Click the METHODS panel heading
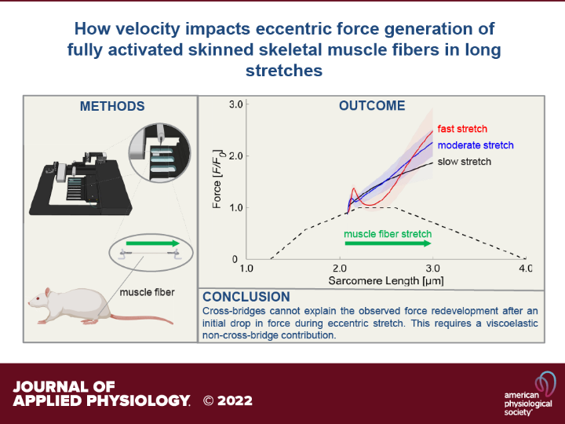pyautogui.click(x=112, y=106)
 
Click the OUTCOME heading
pyautogui.click(x=372, y=106)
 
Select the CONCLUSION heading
pyautogui.click(x=246, y=297)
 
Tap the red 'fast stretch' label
pyautogui.click(x=462, y=129)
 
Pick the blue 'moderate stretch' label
pyautogui.click(x=476, y=145)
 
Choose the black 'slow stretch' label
pyautogui.click(x=464, y=162)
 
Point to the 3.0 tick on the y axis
pyautogui.click(x=236, y=104)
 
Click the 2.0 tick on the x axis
pyautogui.click(x=340, y=269)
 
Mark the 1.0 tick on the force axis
pyautogui.click(x=236, y=208)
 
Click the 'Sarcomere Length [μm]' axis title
pyautogui.click(x=386, y=280)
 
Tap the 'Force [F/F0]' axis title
pyautogui.click(x=217, y=179)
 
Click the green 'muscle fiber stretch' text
pyautogui.click(x=388, y=234)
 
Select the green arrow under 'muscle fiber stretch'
pyautogui.click(x=388, y=243)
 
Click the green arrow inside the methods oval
pyautogui.click(x=153, y=243)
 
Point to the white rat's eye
pyautogui.click(x=38, y=298)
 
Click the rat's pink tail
pyautogui.click(x=142, y=319)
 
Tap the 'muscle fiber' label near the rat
pyautogui.click(x=147, y=292)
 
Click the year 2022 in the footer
pyautogui.click(x=235, y=400)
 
